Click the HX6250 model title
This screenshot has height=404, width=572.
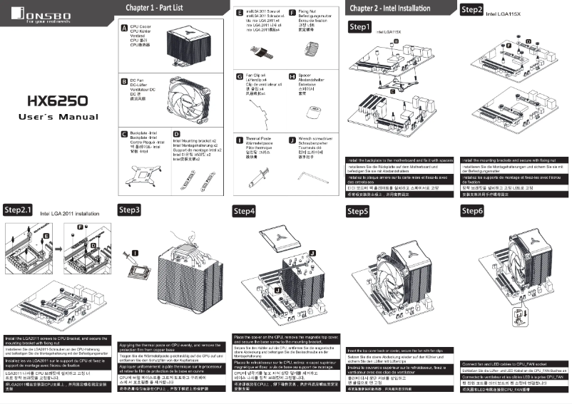(x=57, y=100)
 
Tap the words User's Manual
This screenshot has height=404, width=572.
(x=57, y=116)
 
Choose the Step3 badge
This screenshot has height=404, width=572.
(x=129, y=210)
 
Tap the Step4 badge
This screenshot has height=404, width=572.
(x=245, y=212)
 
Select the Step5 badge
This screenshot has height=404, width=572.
(x=358, y=212)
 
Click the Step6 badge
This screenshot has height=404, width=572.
(x=472, y=211)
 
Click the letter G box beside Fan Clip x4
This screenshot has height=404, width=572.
(x=239, y=76)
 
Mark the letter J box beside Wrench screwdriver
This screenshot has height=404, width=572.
(x=292, y=140)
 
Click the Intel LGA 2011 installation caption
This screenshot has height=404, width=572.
(x=69, y=213)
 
